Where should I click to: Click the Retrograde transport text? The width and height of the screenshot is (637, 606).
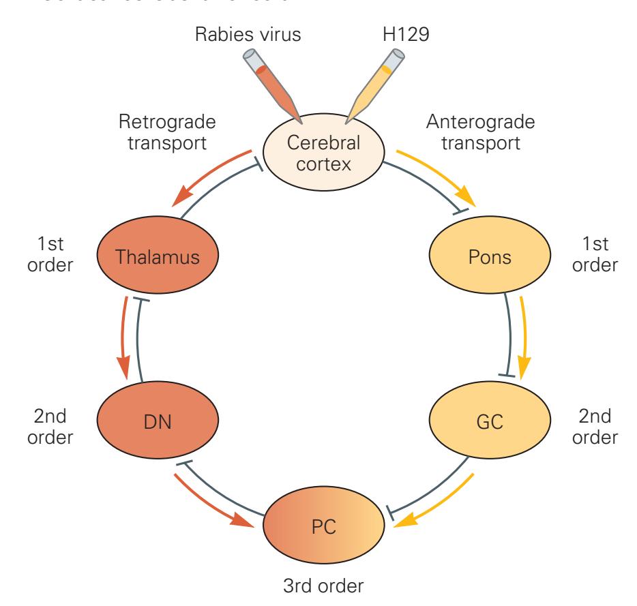pyautogui.click(x=161, y=134)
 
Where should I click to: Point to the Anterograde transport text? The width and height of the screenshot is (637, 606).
pyautogui.click(x=479, y=134)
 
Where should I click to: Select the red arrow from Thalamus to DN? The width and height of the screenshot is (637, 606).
pyautogui.click(x=123, y=337)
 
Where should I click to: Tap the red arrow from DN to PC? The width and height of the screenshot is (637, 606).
pyautogui.click(x=216, y=502)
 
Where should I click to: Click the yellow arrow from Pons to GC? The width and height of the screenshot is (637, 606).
pyautogui.click(x=524, y=337)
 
